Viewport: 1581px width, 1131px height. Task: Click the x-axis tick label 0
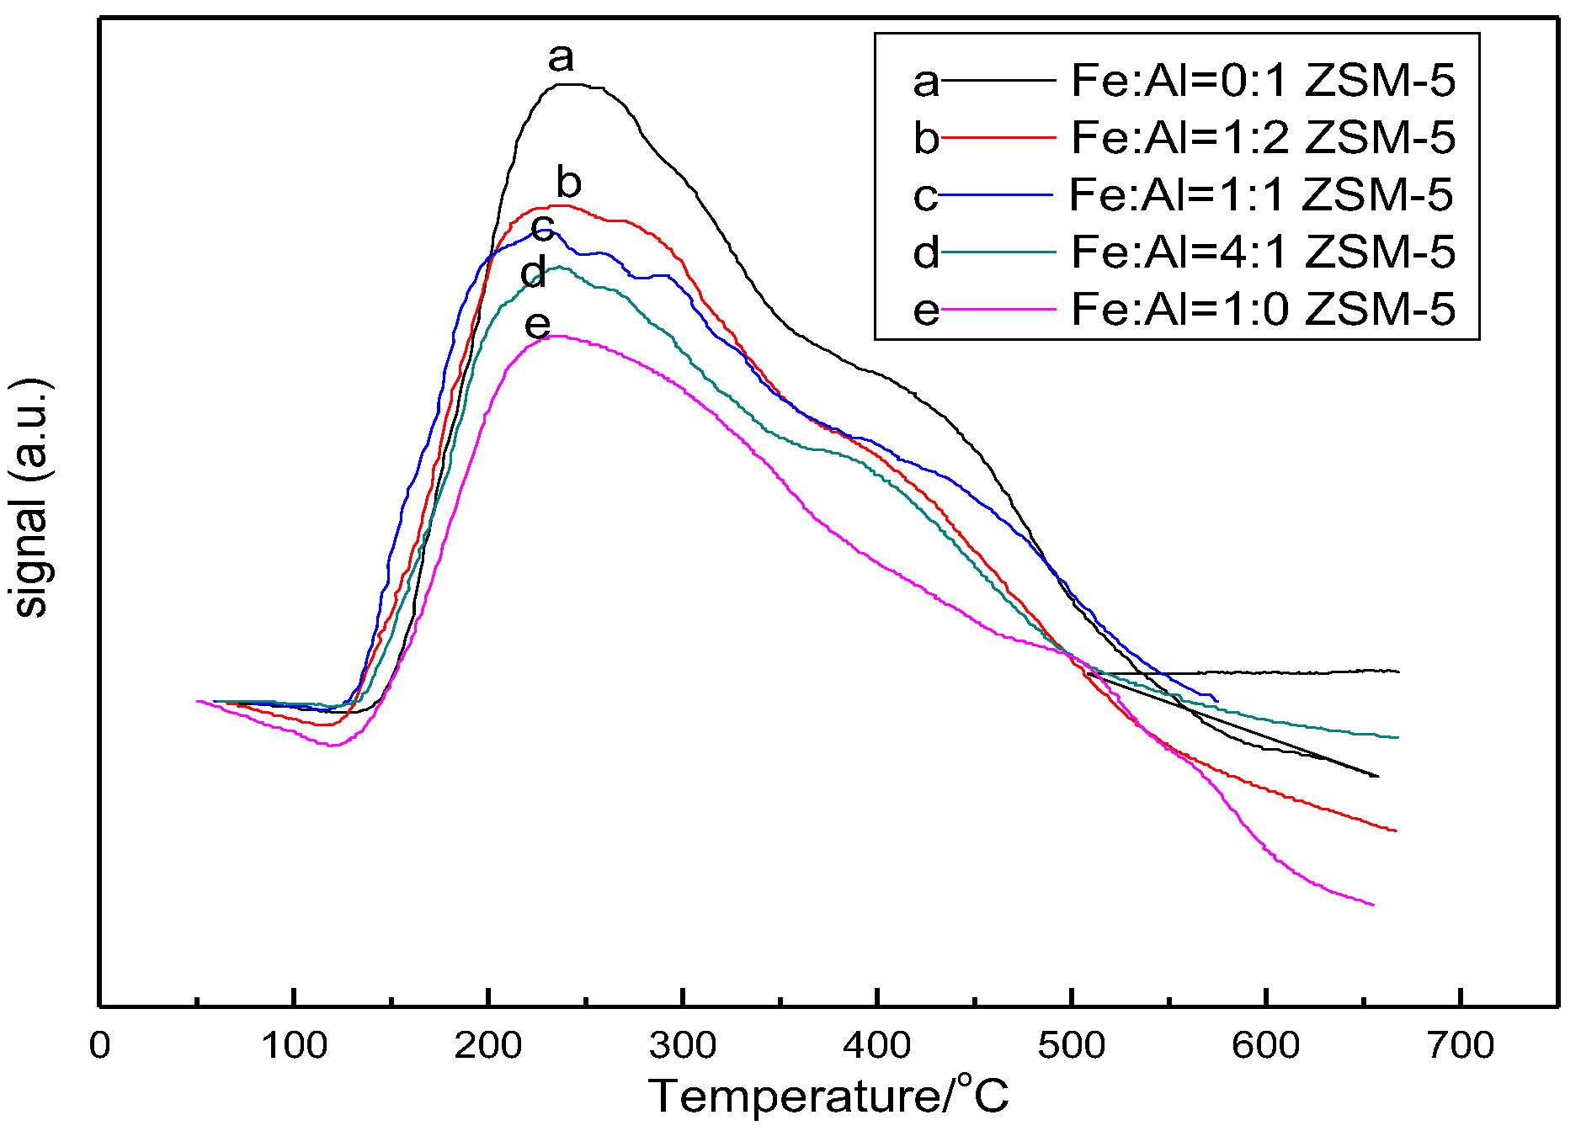click(100, 1046)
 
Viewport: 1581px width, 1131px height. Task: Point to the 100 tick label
click(294, 1046)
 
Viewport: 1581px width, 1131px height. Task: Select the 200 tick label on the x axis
click(488, 1046)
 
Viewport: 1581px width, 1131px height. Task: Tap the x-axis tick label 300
click(683, 1046)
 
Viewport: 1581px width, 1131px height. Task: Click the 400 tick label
click(877, 1046)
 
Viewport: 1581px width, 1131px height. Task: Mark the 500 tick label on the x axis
click(1071, 1046)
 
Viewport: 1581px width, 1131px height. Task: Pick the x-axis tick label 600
click(1265, 1046)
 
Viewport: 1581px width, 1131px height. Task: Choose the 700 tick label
click(1460, 1046)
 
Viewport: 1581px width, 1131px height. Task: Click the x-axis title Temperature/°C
click(828, 1096)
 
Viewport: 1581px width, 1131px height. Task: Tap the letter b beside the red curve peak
click(569, 182)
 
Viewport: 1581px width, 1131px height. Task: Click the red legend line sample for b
click(998, 136)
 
